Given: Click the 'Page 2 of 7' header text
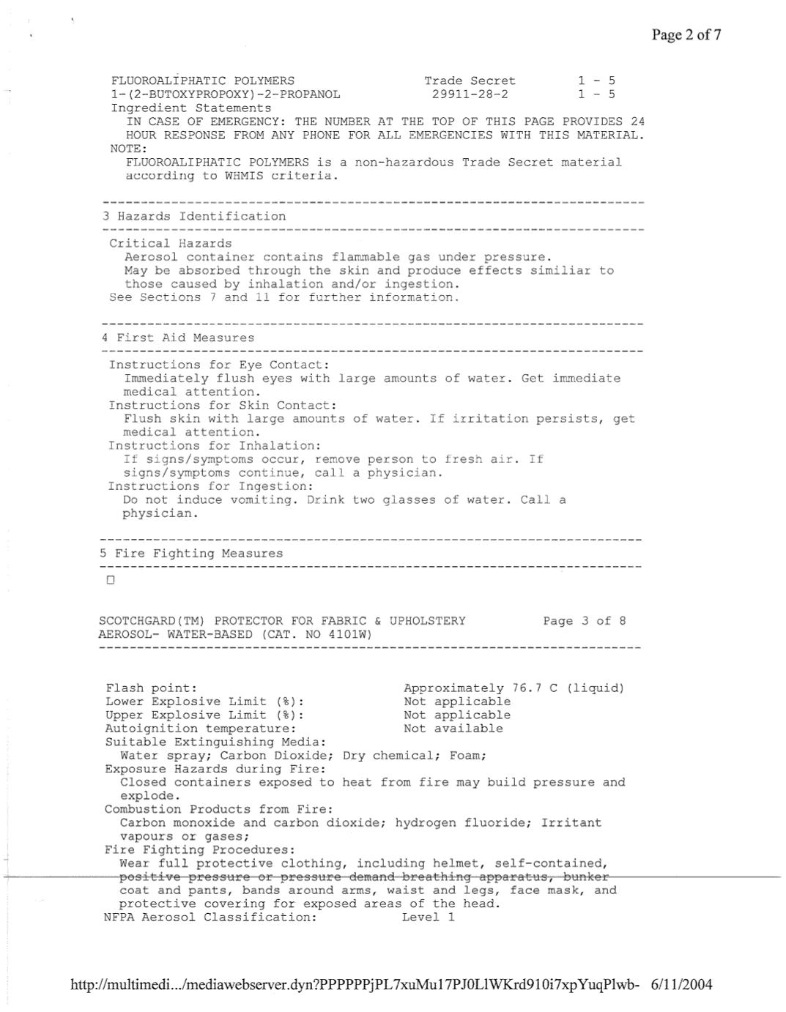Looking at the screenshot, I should tap(686, 34).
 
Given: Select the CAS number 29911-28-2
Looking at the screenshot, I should tap(470, 94).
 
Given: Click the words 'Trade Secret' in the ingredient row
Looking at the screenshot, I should tap(470, 81).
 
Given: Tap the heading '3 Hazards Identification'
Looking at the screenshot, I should tap(194, 216).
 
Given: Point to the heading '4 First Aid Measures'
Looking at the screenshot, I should tap(178, 338).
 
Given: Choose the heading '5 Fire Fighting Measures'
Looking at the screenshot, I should tap(191, 554).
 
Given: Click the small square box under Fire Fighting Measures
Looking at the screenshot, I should tap(111, 580).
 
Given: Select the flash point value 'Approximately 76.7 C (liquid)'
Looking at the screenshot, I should tap(514, 688).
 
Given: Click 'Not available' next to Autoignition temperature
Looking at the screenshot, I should tap(453, 729).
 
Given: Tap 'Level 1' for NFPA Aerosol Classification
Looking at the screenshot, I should tap(428, 917).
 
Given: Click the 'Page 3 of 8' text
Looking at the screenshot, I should tap(584, 621).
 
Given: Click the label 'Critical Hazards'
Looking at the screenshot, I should tap(170, 243).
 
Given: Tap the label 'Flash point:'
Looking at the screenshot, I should tap(152, 688).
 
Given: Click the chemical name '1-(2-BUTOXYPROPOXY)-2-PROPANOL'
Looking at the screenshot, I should tap(225, 94).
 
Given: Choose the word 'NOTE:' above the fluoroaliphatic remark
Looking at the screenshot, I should tap(128, 149).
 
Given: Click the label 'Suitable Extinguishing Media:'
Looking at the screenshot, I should tap(215, 743).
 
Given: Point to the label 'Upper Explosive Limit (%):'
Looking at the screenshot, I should tap(204, 715).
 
